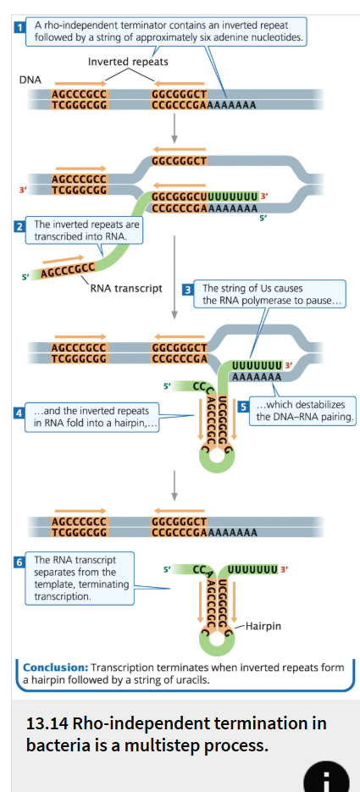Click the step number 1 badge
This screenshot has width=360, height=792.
(20, 28)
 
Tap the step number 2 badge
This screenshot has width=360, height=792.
(19, 226)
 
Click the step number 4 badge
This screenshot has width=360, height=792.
(19, 413)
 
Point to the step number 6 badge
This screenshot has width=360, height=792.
(19, 562)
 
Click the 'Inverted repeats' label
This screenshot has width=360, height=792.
(128, 62)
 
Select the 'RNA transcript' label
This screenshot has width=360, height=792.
(125, 288)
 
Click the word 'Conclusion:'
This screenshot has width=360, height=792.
(55, 667)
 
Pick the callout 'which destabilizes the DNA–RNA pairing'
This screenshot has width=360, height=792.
(304, 411)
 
